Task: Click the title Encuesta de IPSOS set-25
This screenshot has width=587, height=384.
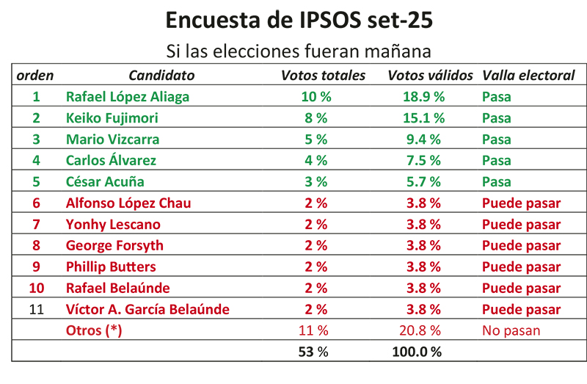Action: pos(299,21)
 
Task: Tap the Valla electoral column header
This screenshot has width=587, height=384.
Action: pos(528,75)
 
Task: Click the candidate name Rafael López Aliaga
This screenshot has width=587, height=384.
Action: pos(128,96)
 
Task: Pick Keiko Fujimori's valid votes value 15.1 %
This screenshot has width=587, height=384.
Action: pos(423,117)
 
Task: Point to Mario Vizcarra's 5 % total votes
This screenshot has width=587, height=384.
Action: pos(316,139)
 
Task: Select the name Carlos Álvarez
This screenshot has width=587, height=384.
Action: pos(111,160)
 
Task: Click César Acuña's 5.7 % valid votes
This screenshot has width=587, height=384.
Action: pos(422,181)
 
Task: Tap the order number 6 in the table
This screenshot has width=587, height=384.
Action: pos(37,203)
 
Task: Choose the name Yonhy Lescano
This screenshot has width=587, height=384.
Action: pos(113,224)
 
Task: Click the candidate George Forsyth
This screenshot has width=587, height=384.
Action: pos(114,245)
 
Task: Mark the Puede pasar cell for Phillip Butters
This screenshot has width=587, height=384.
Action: pos(521,267)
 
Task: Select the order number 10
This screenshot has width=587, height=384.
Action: pos(37,288)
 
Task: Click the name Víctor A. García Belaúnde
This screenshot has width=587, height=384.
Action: pos(147,309)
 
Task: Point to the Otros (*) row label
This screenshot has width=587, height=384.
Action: pos(94,330)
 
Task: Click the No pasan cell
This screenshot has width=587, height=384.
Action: pos(511,330)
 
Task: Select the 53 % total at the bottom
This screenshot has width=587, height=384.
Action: pos(313,351)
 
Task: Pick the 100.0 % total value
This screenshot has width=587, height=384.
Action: pos(418,351)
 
